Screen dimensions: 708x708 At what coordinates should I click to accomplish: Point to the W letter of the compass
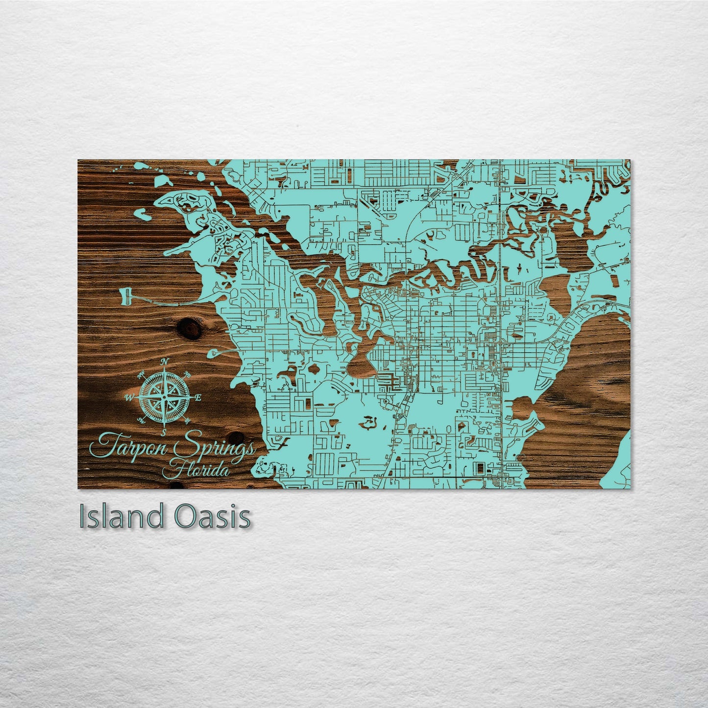[129, 397]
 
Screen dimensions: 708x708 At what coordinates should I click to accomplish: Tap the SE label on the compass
[187, 420]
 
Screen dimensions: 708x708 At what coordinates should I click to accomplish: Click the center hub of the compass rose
[165, 397]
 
